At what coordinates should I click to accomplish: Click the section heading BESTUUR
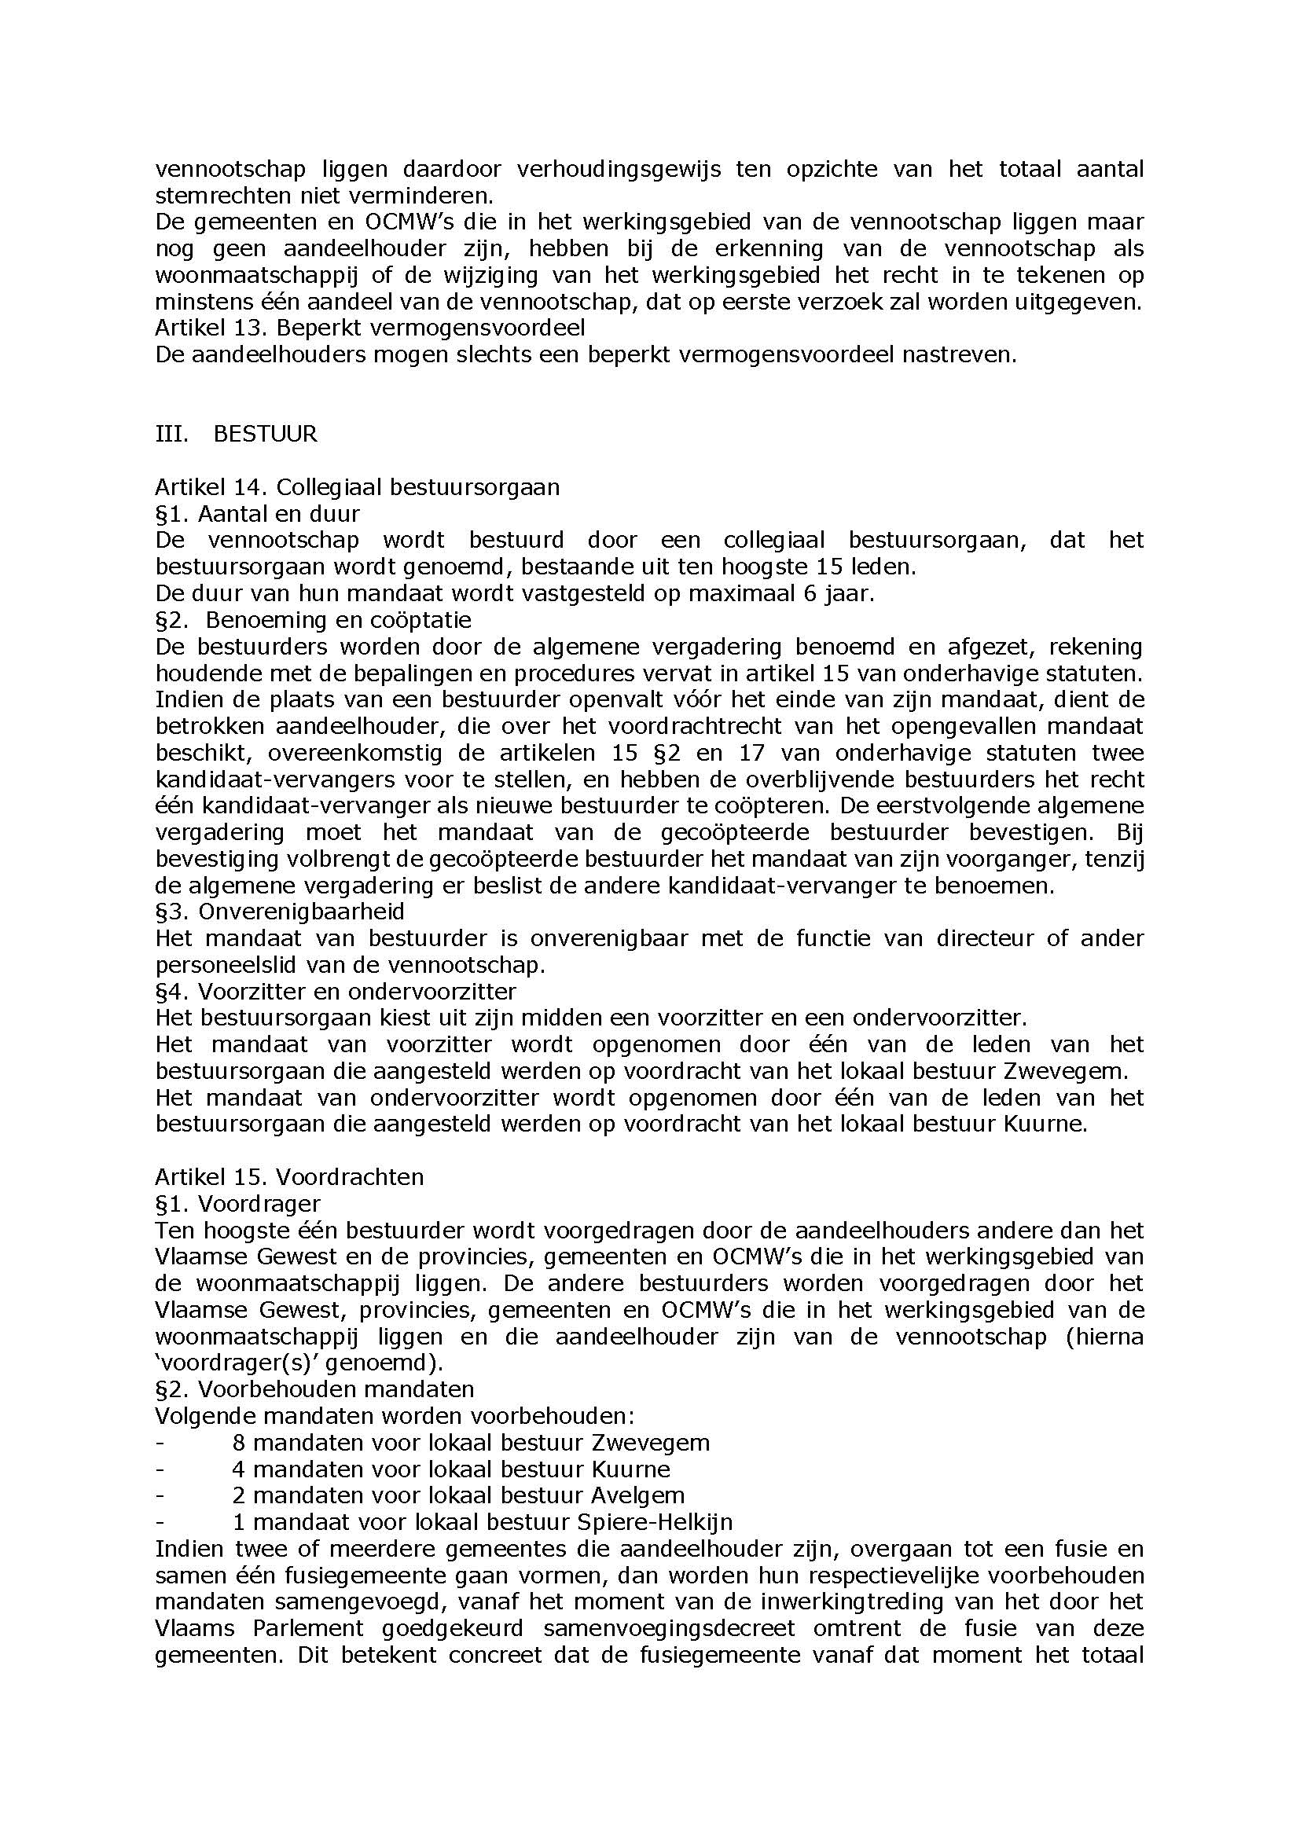[265, 434]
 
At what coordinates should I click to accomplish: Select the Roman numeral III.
[172, 434]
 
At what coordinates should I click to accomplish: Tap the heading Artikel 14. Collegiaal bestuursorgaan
[357, 486]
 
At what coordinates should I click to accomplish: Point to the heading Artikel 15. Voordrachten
[289, 1177]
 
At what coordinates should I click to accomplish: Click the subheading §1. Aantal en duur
[257, 513]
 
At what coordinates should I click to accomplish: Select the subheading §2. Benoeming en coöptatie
[313, 619]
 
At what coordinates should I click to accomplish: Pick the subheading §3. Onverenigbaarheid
[279, 911]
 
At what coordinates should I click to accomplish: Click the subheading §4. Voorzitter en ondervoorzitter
[336, 991]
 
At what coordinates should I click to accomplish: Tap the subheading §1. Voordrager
[237, 1203]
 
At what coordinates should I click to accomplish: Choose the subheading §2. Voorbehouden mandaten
[314, 1389]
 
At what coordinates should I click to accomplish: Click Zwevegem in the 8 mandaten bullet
[650, 1443]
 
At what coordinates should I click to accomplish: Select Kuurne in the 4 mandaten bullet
[631, 1469]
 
